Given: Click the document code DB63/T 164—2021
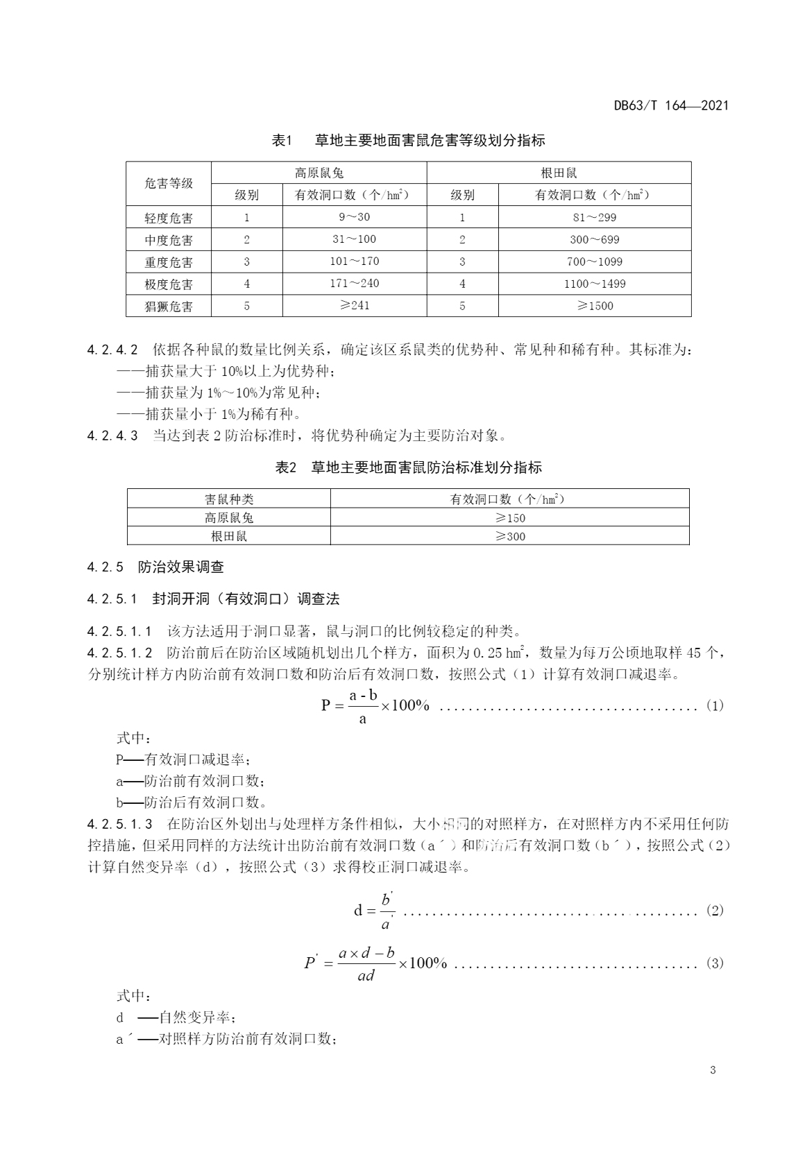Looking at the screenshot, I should coord(670,105).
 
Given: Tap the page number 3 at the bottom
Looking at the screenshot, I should coord(712,1069).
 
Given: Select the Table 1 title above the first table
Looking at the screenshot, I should coord(408,140).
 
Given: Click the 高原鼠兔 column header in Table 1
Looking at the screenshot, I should coord(319,173).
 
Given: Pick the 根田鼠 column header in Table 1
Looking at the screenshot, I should coord(559,173).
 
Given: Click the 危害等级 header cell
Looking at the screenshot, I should coord(169,184).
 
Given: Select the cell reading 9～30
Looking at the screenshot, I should coord(354,217).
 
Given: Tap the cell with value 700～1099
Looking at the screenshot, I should coord(594,261).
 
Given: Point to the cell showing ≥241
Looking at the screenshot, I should coord(354,306).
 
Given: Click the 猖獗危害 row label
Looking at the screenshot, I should coord(169,306).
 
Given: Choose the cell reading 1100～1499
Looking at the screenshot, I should coord(594,284).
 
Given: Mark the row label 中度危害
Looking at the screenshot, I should coord(169,240).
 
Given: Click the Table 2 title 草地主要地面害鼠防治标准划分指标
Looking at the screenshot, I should coord(408,467).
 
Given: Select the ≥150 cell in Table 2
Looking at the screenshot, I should coord(509,517).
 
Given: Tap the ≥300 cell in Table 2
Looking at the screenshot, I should coord(509,536).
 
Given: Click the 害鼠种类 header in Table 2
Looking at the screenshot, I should coord(229,499).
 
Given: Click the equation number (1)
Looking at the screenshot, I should coord(714,705).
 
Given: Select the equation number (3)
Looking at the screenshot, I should coord(714,963).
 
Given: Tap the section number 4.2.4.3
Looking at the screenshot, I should coord(112,436).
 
